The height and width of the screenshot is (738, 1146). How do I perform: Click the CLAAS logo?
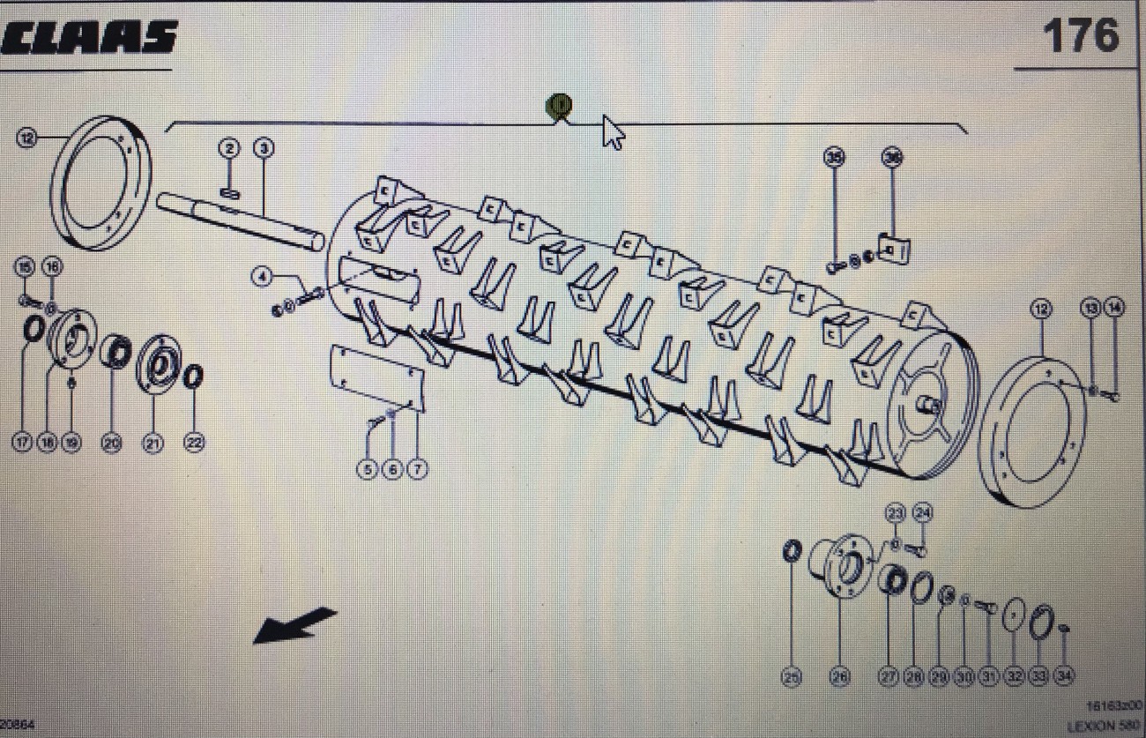click(x=90, y=38)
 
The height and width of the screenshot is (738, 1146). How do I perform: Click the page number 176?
click(x=1080, y=36)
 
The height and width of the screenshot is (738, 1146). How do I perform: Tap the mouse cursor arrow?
click(x=613, y=132)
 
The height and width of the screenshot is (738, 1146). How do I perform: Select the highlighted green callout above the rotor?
click(x=559, y=106)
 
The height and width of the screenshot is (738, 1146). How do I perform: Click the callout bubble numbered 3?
click(x=264, y=148)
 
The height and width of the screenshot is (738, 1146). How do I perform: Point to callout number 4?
click(x=261, y=277)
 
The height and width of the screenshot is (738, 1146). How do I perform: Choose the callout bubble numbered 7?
click(x=417, y=470)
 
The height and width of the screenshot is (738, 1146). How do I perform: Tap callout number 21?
click(x=153, y=444)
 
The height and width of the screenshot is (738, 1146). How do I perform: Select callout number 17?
click(x=22, y=443)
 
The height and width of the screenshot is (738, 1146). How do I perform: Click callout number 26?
click(x=838, y=677)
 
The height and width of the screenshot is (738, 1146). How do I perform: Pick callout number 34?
click(x=1064, y=677)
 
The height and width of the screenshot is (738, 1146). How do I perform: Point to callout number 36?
click(x=892, y=157)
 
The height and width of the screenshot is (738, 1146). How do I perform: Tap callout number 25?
click(x=792, y=677)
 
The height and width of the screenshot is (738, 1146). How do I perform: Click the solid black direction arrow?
click(x=294, y=624)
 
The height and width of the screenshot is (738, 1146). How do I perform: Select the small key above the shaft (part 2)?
click(x=229, y=193)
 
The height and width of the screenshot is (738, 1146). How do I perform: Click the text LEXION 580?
click(x=1105, y=727)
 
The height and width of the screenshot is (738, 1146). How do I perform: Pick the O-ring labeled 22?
click(x=193, y=376)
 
